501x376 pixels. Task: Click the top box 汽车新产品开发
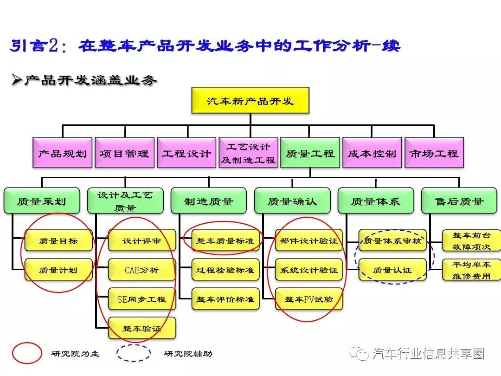pyautogui.click(x=250, y=100)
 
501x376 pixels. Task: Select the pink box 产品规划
pyautogui.click(x=63, y=153)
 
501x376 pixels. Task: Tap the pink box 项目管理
pyautogui.click(x=125, y=153)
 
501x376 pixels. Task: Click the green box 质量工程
pyautogui.click(x=310, y=153)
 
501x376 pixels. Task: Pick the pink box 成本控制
pyautogui.click(x=372, y=153)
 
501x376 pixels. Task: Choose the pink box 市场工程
pyautogui.click(x=434, y=153)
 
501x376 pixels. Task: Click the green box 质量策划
pyautogui.click(x=42, y=201)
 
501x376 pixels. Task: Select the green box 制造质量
pyautogui.click(x=209, y=201)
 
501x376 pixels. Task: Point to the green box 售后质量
pyautogui.click(x=459, y=201)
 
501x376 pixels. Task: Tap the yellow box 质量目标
pyautogui.click(x=58, y=240)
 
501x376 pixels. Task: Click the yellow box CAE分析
pyautogui.click(x=142, y=270)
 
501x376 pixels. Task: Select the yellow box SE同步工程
pyautogui.click(x=142, y=299)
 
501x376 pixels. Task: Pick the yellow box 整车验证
pyautogui.click(x=142, y=328)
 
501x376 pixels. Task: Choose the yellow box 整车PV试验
pyautogui.click(x=309, y=299)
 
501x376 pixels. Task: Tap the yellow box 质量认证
pyautogui.click(x=392, y=270)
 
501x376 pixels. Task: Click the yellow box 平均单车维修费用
pyautogui.click(x=471, y=270)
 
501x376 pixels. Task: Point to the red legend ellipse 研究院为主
pyautogui.click(x=27, y=353)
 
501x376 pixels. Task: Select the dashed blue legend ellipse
pyautogui.click(x=134, y=353)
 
